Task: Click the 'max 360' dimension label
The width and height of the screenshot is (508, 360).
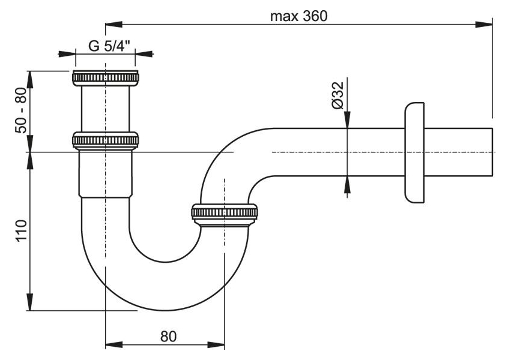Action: [x=298, y=16]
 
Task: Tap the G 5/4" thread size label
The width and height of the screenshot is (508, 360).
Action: [x=109, y=46]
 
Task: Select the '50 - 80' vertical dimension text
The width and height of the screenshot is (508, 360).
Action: [x=21, y=110]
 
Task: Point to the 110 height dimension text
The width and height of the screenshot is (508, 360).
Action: [x=21, y=230]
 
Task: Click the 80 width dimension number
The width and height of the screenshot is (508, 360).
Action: [x=169, y=337]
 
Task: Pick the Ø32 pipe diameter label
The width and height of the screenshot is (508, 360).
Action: [x=337, y=95]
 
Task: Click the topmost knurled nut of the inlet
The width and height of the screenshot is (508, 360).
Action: [x=105, y=77]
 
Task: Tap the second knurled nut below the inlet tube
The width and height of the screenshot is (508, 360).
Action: [x=105, y=140]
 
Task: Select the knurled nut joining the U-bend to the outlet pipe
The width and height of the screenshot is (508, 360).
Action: [x=225, y=213]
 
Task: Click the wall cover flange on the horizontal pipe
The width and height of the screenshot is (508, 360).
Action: [x=414, y=152]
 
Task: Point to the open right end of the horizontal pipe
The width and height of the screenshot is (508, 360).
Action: [x=492, y=152]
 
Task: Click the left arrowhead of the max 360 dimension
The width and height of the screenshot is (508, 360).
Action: [x=113, y=24]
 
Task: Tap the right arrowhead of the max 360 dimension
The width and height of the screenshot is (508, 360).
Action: [x=484, y=24]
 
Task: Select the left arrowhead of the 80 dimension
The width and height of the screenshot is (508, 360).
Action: [x=114, y=344]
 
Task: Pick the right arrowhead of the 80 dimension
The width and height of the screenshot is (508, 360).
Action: [x=216, y=344]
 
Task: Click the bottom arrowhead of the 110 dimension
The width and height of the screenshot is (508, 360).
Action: [x=30, y=302]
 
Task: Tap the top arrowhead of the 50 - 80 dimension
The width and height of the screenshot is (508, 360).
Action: [x=30, y=79]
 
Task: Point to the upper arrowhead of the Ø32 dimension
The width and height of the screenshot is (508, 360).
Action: [x=347, y=119]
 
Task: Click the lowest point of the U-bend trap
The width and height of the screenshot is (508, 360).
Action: [x=165, y=310]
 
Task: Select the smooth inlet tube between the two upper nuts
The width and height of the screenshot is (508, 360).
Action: [x=105, y=109]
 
